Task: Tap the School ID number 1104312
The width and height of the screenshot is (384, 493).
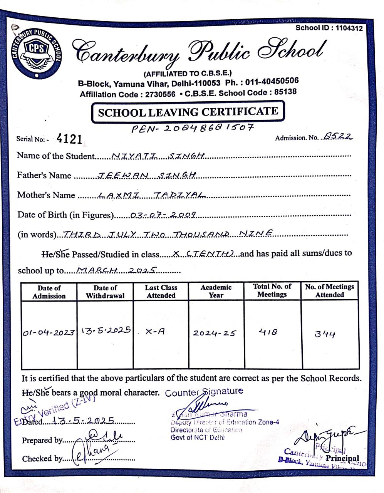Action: pos(349,28)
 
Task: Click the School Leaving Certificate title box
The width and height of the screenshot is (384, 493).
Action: pos(188,112)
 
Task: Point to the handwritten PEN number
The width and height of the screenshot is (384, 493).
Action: pos(193,128)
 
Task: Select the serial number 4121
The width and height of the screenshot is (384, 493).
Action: pos(69,139)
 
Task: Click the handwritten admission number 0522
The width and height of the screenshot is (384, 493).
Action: pos(338,136)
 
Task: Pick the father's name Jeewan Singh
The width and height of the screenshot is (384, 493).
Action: pos(148,175)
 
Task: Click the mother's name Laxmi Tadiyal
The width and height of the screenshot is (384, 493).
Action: pos(151,195)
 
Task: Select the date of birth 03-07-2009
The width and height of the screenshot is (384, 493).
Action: pos(164,215)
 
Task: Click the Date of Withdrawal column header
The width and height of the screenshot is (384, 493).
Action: pos(105,292)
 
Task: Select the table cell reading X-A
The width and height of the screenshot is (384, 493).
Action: pos(155,332)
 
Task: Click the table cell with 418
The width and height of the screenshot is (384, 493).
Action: pos(268,332)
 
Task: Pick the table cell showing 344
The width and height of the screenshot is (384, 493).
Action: pos(325,334)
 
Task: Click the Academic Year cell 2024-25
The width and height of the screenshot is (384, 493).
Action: pos(215,333)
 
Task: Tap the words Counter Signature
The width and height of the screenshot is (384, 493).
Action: pos(204,392)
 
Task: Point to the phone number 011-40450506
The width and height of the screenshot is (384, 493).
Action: pos(272,81)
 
